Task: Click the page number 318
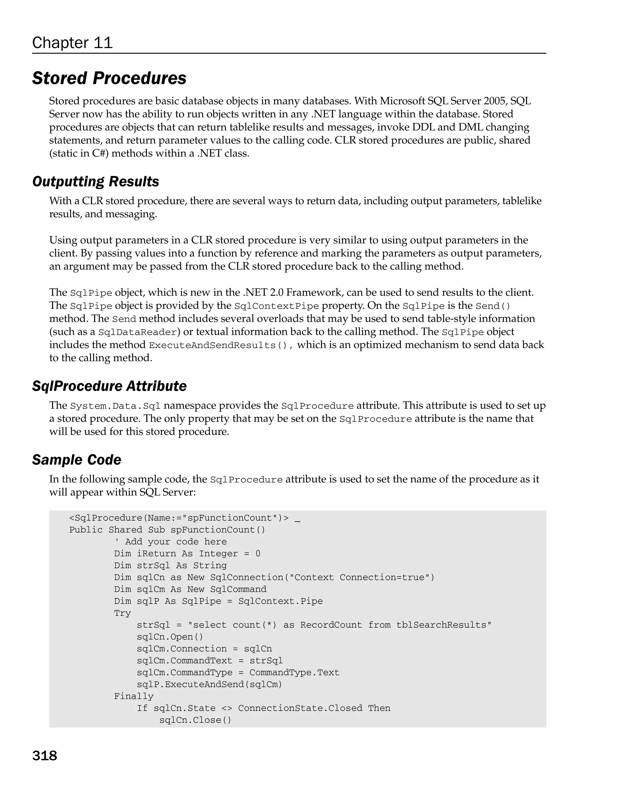pyautogui.click(x=44, y=756)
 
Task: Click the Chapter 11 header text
pyautogui.click(x=72, y=43)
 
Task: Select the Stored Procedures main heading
pyautogui.click(x=109, y=78)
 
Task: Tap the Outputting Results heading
pyautogui.click(x=96, y=182)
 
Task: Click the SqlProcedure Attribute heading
pyautogui.click(x=109, y=386)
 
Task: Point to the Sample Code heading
pyautogui.click(x=77, y=460)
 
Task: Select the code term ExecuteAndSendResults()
pyautogui.click(x=218, y=345)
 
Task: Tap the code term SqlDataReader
pyautogui.click(x=138, y=332)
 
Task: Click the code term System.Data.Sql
pyautogui.click(x=115, y=406)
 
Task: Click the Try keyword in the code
pyautogui.click(x=123, y=613)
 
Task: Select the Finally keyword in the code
pyautogui.click(x=134, y=696)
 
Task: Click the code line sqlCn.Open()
pyautogui.click(x=170, y=637)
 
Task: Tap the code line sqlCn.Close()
pyautogui.click(x=195, y=720)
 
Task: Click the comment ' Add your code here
pyautogui.click(x=171, y=542)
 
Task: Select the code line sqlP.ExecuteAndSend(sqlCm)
pyautogui.click(x=209, y=684)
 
